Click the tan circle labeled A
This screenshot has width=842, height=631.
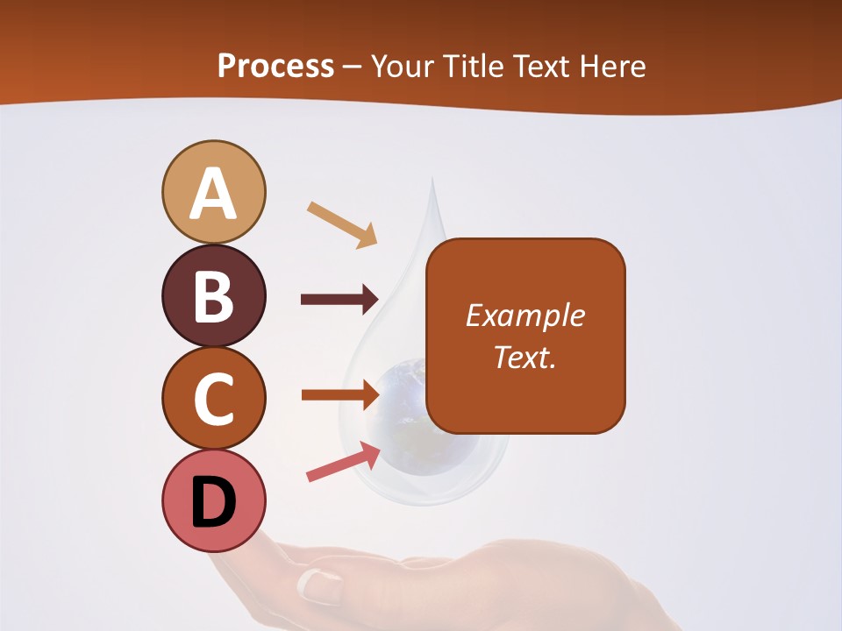[214, 192]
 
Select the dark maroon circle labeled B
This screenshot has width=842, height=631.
[214, 295]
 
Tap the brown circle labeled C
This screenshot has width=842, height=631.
[214, 398]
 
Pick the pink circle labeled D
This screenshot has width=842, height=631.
[214, 500]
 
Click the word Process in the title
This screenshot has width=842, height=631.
[275, 66]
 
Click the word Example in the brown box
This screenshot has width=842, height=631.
[524, 315]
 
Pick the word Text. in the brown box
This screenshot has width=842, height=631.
[524, 357]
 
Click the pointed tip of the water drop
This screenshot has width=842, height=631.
[432, 182]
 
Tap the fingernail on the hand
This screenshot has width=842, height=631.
[320, 585]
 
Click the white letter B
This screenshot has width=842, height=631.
[214, 296]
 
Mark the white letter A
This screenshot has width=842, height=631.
[214, 195]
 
